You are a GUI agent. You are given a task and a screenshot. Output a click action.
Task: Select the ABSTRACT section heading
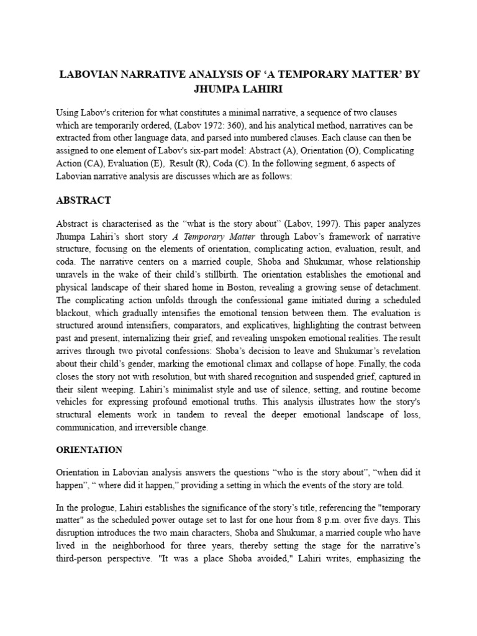pyautogui.click(x=83, y=200)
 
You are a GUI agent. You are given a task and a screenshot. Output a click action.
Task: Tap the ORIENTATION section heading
pyautogui.click(x=89, y=449)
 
